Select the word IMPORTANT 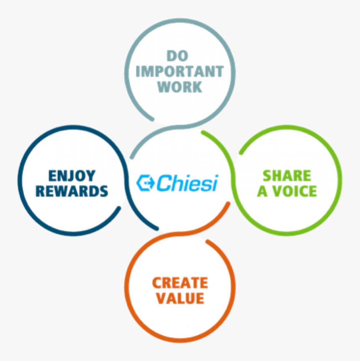tap(180, 71)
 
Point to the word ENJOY tap(72, 176)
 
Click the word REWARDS tap(72, 191)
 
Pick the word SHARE tap(287, 176)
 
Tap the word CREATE tap(180, 283)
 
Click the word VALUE tap(180, 299)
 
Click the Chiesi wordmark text tap(187, 183)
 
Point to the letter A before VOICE tap(262, 191)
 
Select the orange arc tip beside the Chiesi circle tap(228, 204)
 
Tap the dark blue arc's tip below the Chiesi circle tap(157, 228)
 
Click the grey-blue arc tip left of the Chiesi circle tap(132, 157)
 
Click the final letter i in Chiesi tap(215, 183)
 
